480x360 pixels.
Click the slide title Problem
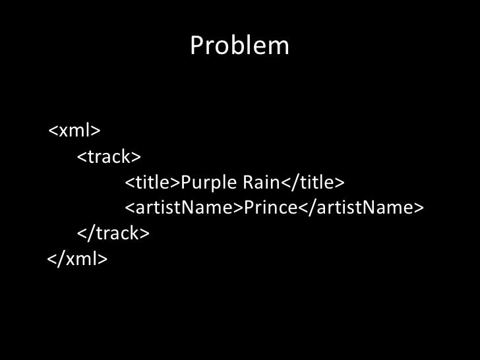tap(239, 45)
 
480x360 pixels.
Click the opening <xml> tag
tap(74, 131)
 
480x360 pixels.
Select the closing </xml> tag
tap(76, 258)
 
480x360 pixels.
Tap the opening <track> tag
tap(109, 157)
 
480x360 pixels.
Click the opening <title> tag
tap(152, 182)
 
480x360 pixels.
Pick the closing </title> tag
tap(313, 182)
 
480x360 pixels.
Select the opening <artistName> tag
tap(184, 208)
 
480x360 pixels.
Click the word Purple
tap(202, 182)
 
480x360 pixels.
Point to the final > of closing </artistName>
tap(417, 208)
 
